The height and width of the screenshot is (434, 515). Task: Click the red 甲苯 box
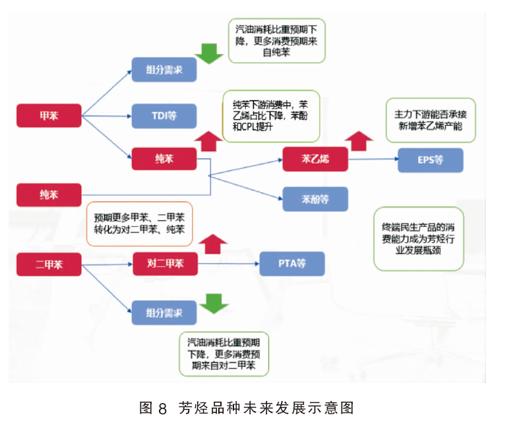pos(49,115)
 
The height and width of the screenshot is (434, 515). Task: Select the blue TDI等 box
pos(164,116)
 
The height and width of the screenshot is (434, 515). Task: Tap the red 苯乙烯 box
pos(315,159)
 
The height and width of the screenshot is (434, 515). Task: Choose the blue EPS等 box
pos(431,160)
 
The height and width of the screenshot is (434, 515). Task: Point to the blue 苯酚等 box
pos(315,199)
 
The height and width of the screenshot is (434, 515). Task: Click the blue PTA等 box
pos(292,263)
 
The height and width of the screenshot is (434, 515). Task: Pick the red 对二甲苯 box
pos(166,263)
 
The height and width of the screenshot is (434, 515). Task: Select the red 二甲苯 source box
pos(49,264)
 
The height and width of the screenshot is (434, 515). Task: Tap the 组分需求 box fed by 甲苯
pos(164,70)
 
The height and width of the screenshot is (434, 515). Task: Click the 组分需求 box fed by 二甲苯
pos(164,313)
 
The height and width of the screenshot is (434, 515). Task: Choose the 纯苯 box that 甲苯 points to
pos(164,159)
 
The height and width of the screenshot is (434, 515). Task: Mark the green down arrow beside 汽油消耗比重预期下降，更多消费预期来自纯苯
pos(209,53)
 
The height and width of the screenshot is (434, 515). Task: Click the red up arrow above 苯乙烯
pos(359,141)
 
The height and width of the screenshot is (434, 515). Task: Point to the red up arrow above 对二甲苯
pos(213,244)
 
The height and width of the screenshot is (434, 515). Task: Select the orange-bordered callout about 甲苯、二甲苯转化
pos(139,224)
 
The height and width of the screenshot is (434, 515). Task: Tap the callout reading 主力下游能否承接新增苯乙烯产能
pos(431,120)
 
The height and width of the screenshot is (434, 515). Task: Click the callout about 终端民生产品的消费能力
pos(419,239)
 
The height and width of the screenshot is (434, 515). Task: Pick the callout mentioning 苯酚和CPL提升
pos(271,116)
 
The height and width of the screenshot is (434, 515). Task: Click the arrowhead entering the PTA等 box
pos(257,263)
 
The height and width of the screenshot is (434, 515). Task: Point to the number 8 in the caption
pos(163,409)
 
